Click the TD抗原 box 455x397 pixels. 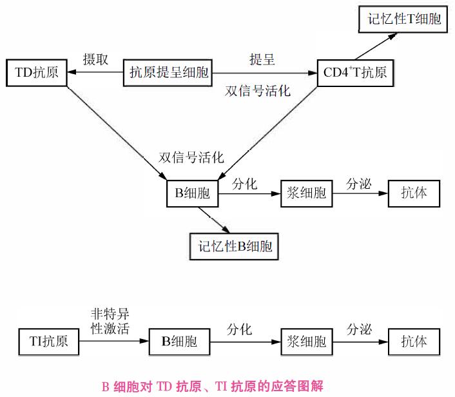36,72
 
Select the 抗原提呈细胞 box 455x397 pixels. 168,72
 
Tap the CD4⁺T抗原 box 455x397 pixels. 356,72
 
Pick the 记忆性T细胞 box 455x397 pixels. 400,19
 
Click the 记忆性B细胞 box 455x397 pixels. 236,246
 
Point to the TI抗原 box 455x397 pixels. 48,340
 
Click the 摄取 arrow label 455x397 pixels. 95,60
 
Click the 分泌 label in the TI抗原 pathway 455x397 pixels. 359,329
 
